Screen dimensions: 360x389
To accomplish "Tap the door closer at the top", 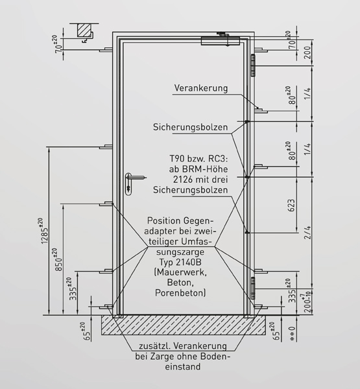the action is pyautogui.click(x=221, y=41).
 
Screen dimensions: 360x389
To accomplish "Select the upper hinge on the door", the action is pyautogui.click(x=253, y=65).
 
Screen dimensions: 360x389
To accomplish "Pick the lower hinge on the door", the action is pyautogui.click(x=253, y=288).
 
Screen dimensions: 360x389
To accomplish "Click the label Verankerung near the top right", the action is pyautogui.click(x=200, y=88).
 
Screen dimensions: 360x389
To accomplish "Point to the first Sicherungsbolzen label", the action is pyautogui.click(x=190, y=127).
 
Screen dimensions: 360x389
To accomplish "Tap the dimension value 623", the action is pyautogui.click(x=291, y=205).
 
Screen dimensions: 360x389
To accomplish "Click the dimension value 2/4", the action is pyautogui.click(x=307, y=232).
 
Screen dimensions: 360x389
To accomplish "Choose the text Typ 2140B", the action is pyautogui.click(x=180, y=262).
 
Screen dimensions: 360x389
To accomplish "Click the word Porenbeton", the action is pyautogui.click(x=180, y=293).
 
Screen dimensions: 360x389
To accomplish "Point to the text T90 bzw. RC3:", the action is pyautogui.click(x=198, y=158).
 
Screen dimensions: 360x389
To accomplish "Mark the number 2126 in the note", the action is pyautogui.click(x=183, y=180).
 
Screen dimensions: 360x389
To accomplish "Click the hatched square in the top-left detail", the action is pyautogui.click(x=84, y=30).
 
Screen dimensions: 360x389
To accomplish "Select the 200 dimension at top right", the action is pyautogui.click(x=307, y=53).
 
